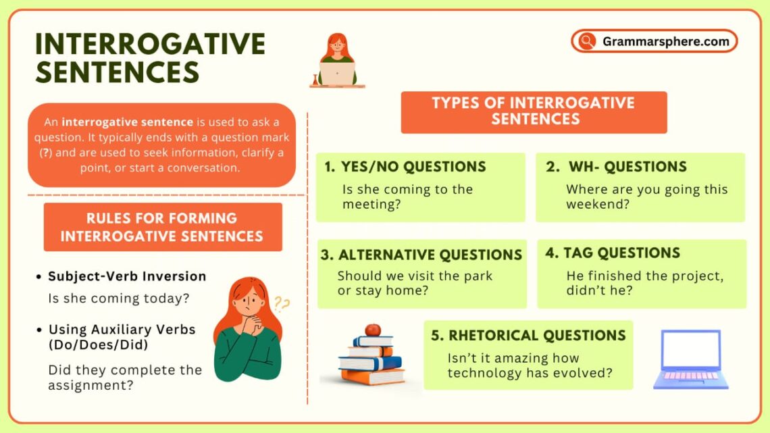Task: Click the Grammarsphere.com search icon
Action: click(586, 41)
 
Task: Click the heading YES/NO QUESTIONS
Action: click(413, 167)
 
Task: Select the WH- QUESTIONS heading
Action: click(627, 167)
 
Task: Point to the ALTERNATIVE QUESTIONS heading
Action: click(430, 255)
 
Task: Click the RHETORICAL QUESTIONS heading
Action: click(537, 335)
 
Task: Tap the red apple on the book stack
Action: click(372, 330)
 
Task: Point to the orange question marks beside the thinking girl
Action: click(281, 304)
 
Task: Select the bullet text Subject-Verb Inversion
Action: click(127, 276)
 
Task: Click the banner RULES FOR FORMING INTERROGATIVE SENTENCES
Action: click(162, 227)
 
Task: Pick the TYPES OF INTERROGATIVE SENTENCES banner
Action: click(534, 111)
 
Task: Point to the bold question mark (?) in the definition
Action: click(45, 152)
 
